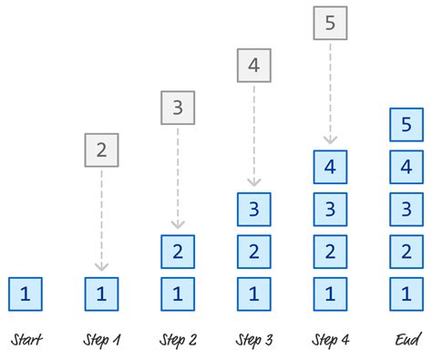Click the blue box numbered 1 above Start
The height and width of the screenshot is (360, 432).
point(26,293)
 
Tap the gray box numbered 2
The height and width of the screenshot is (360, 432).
point(101,150)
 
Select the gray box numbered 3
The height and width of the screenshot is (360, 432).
point(178,108)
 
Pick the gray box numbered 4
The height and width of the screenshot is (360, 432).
point(253,66)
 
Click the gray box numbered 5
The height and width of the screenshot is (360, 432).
point(330,23)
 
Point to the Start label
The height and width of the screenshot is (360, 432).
point(26,341)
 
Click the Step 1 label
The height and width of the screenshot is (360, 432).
point(102,341)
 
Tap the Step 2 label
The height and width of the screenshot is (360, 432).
point(178,341)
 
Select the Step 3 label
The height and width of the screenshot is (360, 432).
point(253,341)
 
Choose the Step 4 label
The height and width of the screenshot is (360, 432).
point(330,341)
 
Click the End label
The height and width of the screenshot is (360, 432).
point(406,341)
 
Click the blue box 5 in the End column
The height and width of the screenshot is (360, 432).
point(406,126)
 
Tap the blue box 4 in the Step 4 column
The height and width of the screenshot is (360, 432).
point(330,168)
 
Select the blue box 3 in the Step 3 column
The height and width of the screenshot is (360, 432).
point(253,210)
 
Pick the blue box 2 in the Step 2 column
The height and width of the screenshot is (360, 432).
point(178,252)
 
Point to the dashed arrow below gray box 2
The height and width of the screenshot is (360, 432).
point(101,219)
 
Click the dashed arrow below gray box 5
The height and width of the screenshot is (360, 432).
point(330,91)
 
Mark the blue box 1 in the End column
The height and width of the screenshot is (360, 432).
point(406,293)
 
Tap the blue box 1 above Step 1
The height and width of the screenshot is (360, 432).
point(101,293)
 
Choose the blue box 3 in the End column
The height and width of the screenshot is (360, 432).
point(406,210)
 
